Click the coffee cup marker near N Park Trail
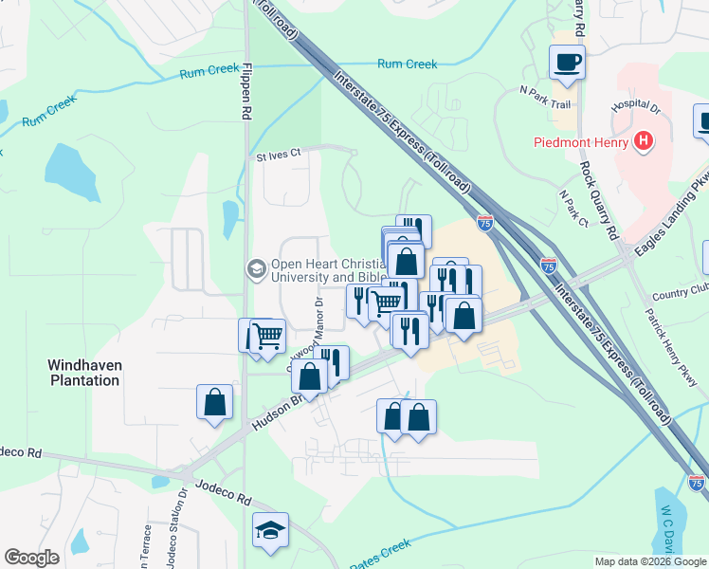click(568, 63)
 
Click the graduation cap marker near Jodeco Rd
click(270, 530)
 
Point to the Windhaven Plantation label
click(84, 372)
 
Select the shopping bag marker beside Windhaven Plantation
click(215, 401)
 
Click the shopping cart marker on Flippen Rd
click(268, 336)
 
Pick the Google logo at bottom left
click(31, 558)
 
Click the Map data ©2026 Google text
click(649, 561)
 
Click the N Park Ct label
click(573, 208)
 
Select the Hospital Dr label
click(635, 105)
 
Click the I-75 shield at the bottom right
click(697, 482)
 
